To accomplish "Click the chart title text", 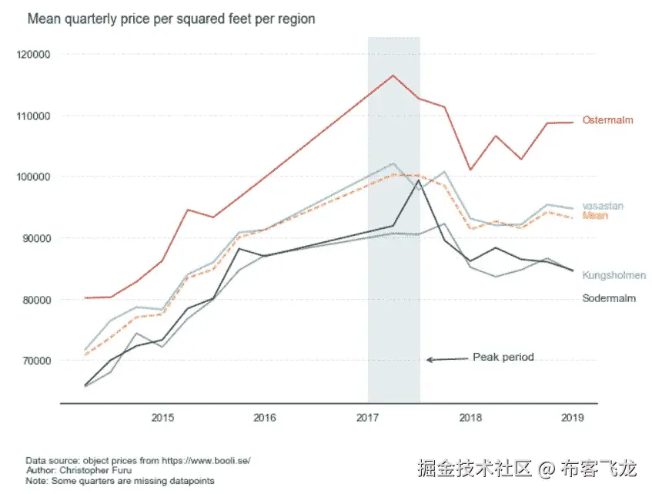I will tap(171, 18).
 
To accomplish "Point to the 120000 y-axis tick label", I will tap(34, 55).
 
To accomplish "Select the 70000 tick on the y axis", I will tap(36, 361).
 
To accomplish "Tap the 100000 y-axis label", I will tap(34, 177).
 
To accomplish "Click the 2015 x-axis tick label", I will tap(162, 418).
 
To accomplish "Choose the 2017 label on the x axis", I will tap(368, 418).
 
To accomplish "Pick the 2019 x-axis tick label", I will tap(573, 418).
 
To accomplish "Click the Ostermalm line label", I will tap(608, 120).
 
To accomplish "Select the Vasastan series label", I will tap(603, 206).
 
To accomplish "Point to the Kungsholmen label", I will tap(614, 275).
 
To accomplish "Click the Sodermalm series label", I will tap(609, 298).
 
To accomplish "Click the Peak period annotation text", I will tap(503, 357).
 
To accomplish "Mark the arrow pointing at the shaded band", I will tap(446, 359).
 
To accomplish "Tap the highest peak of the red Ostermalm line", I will tap(393, 75).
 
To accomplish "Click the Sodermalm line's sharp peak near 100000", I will tap(419, 181).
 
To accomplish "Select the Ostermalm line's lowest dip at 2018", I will tap(470, 170).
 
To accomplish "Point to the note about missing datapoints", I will tap(119, 480).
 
